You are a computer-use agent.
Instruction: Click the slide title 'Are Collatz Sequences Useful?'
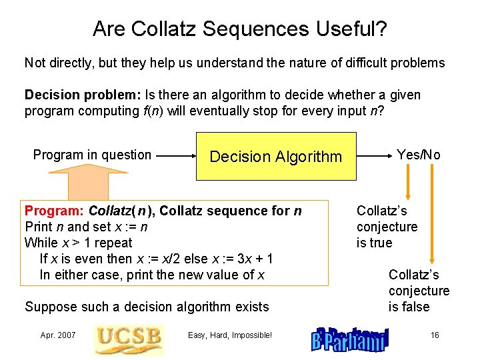pyautogui.click(x=240, y=29)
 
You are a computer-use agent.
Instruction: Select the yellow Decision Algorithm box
pyautogui.click(x=275, y=157)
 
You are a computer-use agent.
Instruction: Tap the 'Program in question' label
pyautogui.click(x=92, y=155)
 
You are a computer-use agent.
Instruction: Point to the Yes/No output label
pyautogui.click(x=418, y=155)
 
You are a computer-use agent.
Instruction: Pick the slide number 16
pyautogui.click(x=435, y=335)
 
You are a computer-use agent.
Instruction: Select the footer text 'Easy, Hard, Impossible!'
pyautogui.click(x=230, y=335)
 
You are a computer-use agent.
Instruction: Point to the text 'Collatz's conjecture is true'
pyautogui.click(x=387, y=227)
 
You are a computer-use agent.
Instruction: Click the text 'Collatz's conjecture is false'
pyautogui.click(x=419, y=291)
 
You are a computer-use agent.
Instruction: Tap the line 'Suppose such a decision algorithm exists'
pyautogui.click(x=147, y=307)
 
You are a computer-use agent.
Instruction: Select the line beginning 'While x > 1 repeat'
pyautogui.click(x=78, y=243)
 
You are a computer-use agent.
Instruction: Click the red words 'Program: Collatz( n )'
pyautogui.click(x=89, y=211)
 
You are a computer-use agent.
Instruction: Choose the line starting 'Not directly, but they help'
pyautogui.click(x=234, y=63)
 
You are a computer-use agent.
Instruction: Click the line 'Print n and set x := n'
pyautogui.click(x=86, y=227)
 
